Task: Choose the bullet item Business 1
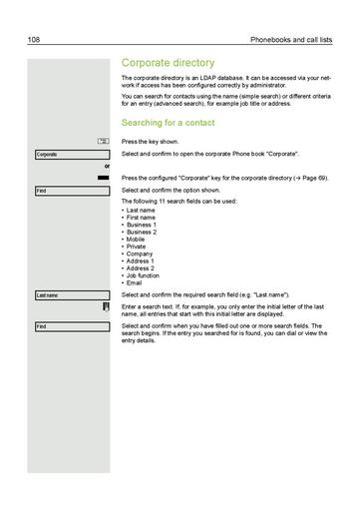point(142,226)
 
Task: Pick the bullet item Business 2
point(142,233)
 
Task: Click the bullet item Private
point(137,247)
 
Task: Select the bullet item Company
point(140,255)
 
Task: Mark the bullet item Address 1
point(141,261)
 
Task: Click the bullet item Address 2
point(141,268)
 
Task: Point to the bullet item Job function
point(145,275)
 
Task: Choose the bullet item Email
point(135,282)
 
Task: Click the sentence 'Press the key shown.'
point(151,142)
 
